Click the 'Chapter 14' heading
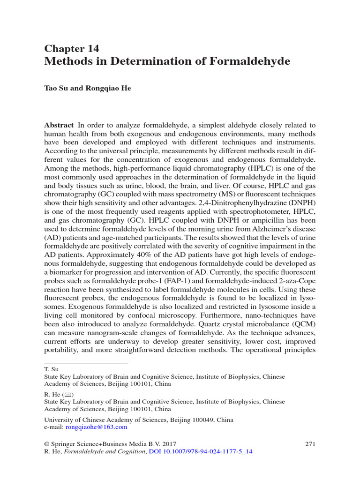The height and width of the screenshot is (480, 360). point(71,49)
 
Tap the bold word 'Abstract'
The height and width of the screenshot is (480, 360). point(59,125)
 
